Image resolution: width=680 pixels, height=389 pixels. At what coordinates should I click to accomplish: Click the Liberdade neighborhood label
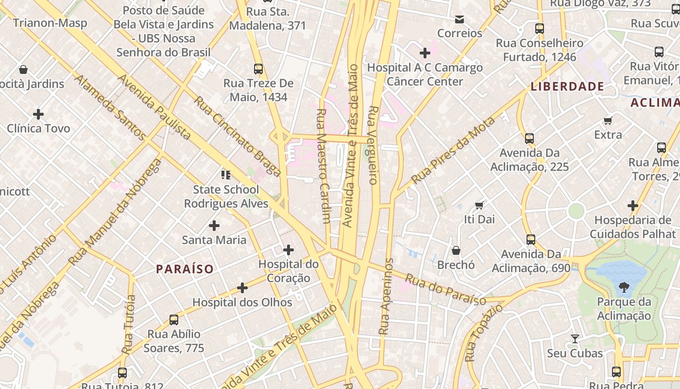pyautogui.click(x=567, y=87)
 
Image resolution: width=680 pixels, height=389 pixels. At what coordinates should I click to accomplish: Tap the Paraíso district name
pyautogui.click(x=185, y=269)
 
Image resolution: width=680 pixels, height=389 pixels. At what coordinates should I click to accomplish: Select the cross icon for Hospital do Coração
pyautogui.click(x=289, y=250)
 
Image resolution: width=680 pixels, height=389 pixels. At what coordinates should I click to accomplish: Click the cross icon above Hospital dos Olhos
pyautogui.click(x=242, y=288)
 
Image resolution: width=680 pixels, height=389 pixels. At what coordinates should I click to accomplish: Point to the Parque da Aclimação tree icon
pyautogui.click(x=624, y=287)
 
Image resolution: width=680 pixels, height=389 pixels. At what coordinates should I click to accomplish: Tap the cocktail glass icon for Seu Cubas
pyautogui.click(x=575, y=338)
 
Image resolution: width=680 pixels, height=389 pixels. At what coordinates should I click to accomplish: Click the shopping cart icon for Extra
pyautogui.click(x=608, y=120)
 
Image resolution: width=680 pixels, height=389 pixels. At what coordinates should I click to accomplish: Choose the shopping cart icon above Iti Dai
pyautogui.click(x=479, y=205)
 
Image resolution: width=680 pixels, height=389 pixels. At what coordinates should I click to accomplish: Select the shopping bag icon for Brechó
pyautogui.click(x=456, y=250)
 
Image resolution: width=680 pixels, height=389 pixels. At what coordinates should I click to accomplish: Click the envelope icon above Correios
pyautogui.click(x=459, y=19)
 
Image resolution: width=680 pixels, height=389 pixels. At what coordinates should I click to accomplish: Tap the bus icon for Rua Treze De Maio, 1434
pyautogui.click(x=258, y=69)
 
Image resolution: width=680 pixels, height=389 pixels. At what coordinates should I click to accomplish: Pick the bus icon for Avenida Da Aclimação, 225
pyautogui.click(x=529, y=139)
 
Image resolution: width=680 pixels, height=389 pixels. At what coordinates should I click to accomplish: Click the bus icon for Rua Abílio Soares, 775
pyautogui.click(x=174, y=320)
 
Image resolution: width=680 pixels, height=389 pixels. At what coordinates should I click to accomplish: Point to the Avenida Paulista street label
pyautogui.click(x=154, y=107)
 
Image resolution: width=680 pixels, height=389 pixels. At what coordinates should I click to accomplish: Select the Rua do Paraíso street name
pyautogui.click(x=445, y=290)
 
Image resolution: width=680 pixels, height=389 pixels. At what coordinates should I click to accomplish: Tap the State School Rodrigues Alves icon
pyautogui.click(x=226, y=175)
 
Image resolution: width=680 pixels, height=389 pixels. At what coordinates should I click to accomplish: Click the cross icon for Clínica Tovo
pyautogui.click(x=38, y=114)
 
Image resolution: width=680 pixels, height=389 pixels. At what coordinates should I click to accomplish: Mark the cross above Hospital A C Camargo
pyautogui.click(x=425, y=53)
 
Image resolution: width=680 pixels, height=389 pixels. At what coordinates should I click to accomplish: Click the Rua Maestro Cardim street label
pyautogui.click(x=323, y=165)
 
